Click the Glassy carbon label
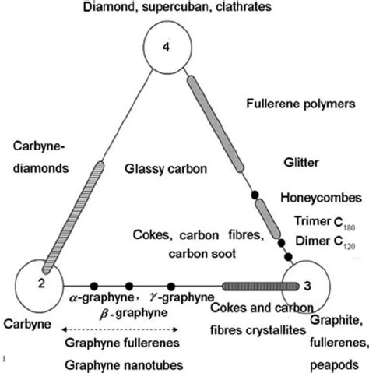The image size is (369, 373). click(161, 167)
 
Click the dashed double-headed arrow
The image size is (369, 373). click(124, 329)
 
